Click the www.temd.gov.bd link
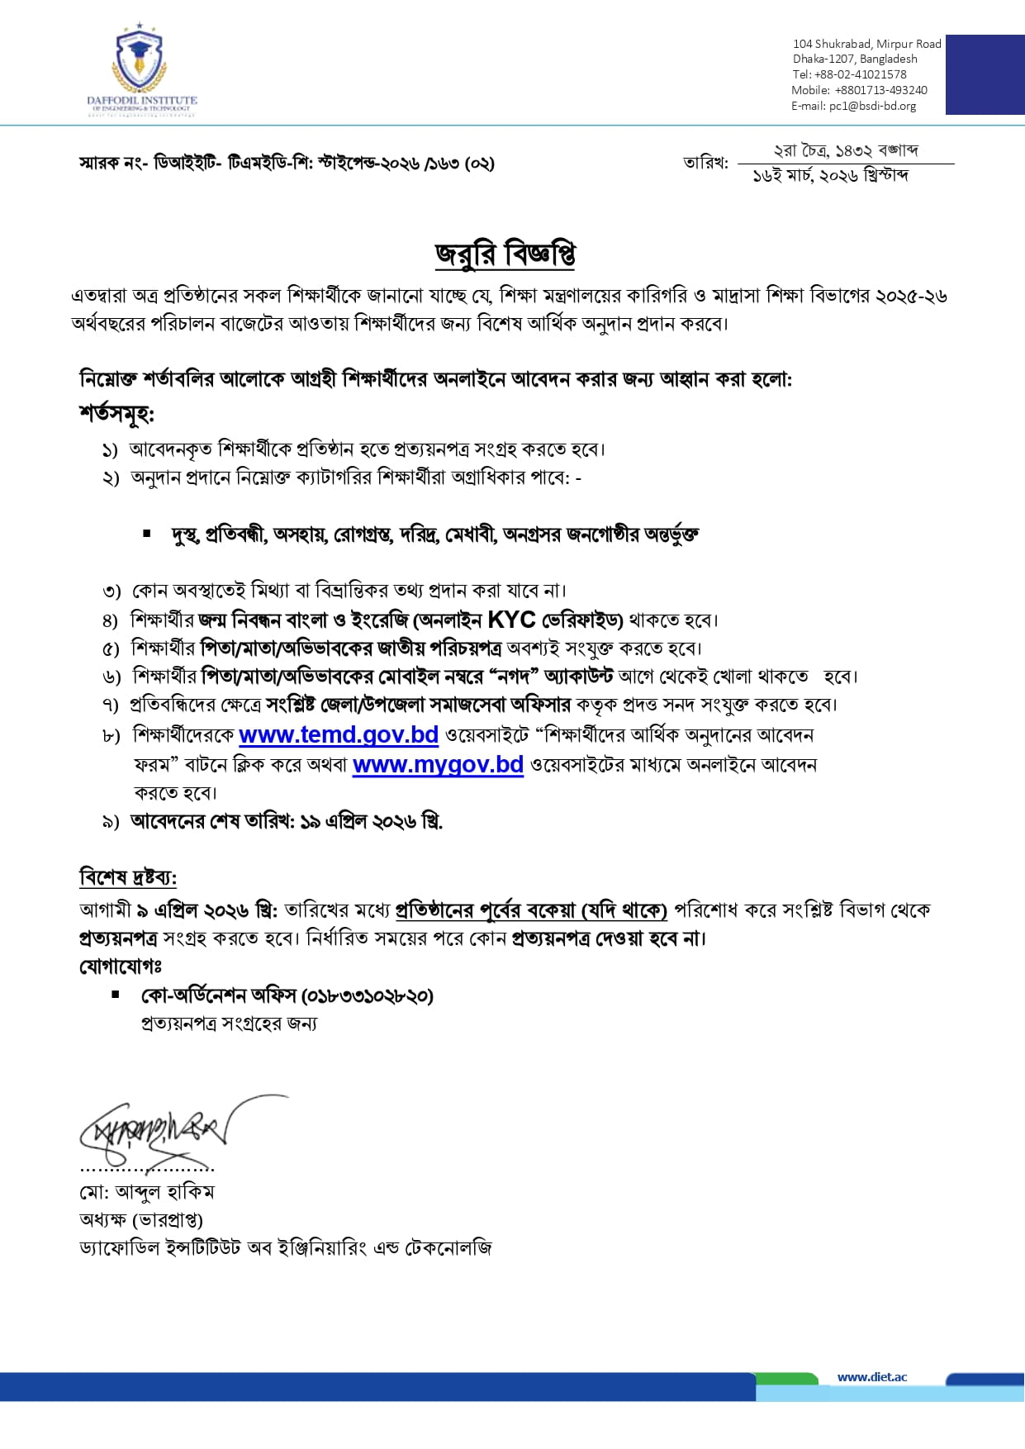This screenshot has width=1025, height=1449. [x=338, y=734]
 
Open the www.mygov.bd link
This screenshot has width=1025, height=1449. [x=438, y=764]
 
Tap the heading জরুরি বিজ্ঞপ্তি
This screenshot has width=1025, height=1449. [x=505, y=254]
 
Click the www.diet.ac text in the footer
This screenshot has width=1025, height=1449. [x=871, y=1376]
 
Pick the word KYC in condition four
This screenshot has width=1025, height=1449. [x=512, y=620]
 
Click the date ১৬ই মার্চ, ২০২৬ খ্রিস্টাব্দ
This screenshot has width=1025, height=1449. [x=830, y=176]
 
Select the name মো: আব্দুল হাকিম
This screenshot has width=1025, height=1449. [x=147, y=1192]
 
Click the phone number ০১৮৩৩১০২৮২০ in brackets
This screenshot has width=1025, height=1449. [x=368, y=995]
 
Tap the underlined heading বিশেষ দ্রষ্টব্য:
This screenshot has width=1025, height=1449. [x=128, y=877]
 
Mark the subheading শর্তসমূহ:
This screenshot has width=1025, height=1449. [x=116, y=413]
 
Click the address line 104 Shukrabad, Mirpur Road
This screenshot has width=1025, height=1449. [x=866, y=44]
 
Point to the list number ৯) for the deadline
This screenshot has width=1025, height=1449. [x=111, y=822]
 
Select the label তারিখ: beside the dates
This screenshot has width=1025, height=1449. [x=705, y=163]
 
